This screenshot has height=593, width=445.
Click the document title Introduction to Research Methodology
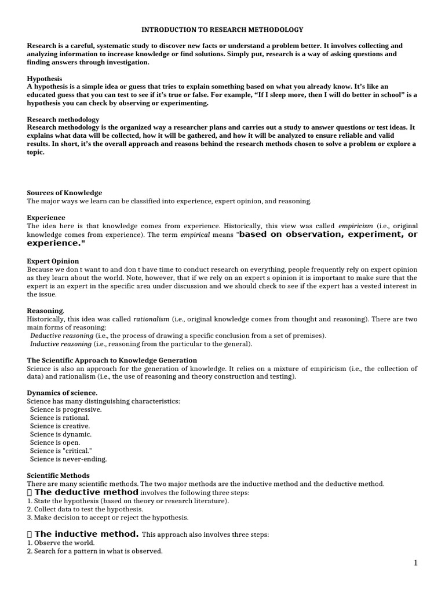tap(222, 29)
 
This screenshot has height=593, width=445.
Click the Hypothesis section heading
tap(45, 78)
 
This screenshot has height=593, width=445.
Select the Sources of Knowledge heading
tap(64, 193)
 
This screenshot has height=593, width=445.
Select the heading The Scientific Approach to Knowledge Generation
tap(112, 360)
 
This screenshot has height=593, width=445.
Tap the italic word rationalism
tap(151, 319)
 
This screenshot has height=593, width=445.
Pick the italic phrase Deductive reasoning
tap(61, 336)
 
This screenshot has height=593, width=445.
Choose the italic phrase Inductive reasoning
tap(61, 344)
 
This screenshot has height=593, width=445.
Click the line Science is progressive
tap(66, 409)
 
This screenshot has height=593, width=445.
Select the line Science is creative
tap(61, 426)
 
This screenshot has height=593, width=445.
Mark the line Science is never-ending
tap(68, 459)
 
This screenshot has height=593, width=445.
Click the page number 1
tap(415, 563)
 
